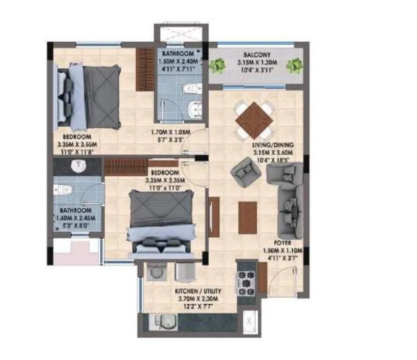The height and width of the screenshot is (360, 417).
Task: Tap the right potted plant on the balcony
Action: click(294, 65)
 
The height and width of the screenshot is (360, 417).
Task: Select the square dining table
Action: click(254, 120)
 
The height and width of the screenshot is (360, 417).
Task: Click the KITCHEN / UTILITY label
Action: click(198, 292)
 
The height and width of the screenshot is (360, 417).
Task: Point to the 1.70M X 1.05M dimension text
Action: click(170, 133)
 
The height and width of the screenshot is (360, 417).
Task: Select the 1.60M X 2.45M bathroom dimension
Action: click(74, 218)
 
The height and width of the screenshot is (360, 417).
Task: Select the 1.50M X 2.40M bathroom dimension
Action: click(178, 62)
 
